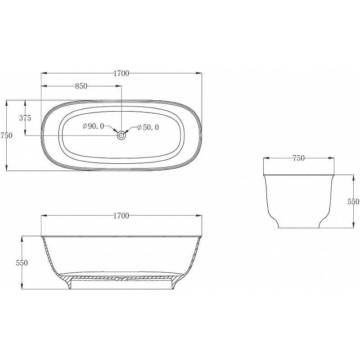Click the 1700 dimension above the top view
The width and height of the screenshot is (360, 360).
(x=121, y=73)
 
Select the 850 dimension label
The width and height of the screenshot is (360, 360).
(x=81, y=86)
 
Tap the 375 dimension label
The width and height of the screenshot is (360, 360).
(x=25, y=118)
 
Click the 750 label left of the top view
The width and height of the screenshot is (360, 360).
(x=6, y=135)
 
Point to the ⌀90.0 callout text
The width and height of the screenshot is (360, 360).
(x=93, y=126)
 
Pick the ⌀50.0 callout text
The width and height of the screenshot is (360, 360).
(x=148, y=127)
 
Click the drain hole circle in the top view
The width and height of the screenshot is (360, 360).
(x=121, y=135)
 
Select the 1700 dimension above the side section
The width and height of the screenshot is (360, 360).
(x=121, y=216)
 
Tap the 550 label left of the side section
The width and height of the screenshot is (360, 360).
(x=22, y=263)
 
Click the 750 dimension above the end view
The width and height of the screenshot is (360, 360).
(x=298, y=158)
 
